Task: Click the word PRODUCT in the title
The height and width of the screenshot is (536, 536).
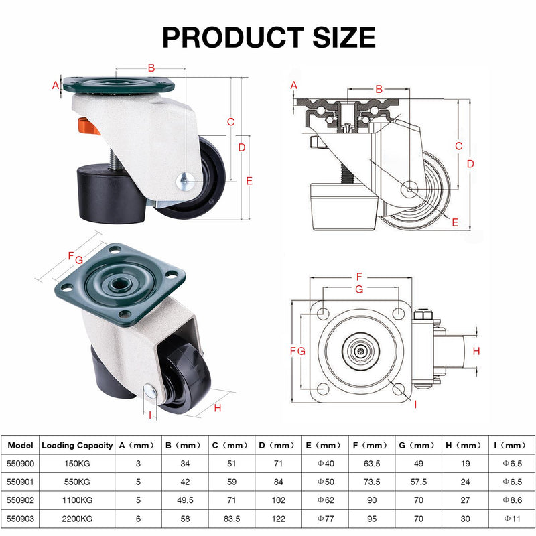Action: pos(232,37)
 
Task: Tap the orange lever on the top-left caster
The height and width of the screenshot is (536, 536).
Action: pos(89,126)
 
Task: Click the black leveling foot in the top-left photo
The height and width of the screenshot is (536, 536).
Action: pos(112,194)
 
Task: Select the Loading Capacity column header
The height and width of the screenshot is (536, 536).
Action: pos(77,445)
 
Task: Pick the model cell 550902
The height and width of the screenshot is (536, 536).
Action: pos(21,500)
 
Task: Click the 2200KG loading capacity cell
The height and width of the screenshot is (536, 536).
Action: pos(77,519)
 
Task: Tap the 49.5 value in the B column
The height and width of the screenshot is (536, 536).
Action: pos(185,500)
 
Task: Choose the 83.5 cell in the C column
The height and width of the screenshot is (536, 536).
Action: pos(232,519)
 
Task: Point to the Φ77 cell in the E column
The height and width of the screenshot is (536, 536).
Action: pos(326,519)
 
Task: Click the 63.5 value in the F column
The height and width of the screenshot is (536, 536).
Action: pos(372,464)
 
